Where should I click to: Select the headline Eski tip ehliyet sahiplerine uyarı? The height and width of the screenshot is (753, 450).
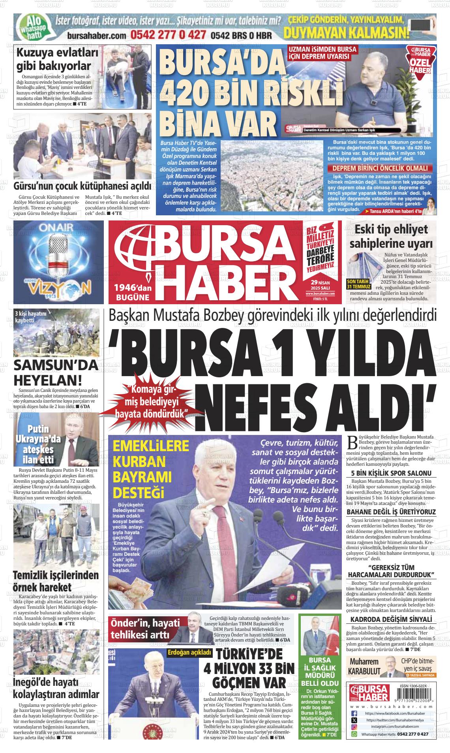click(391, 236)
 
